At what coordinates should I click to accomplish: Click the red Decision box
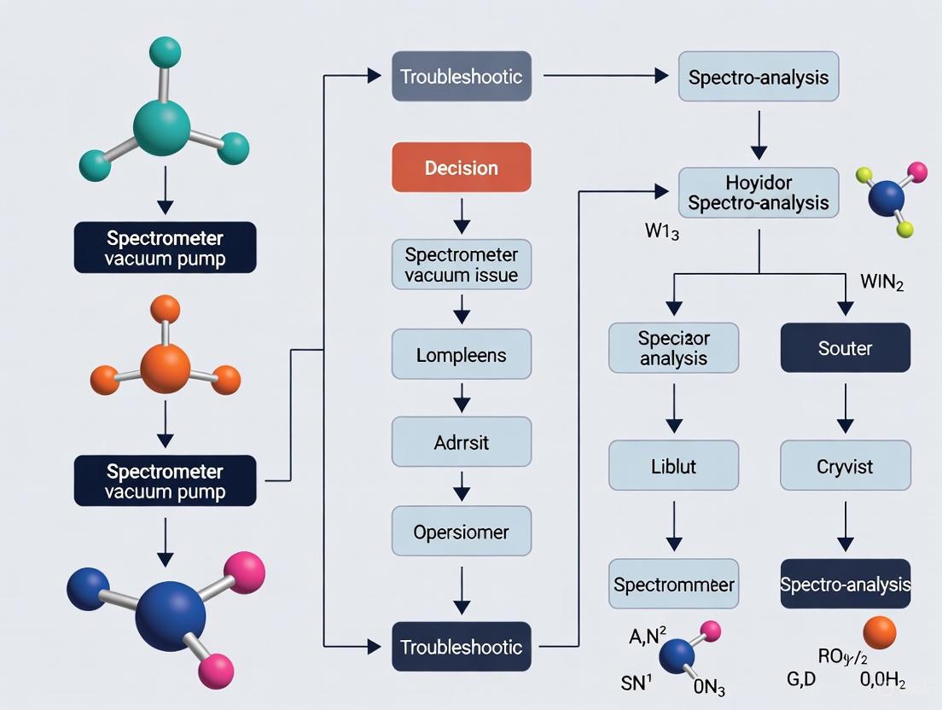(461, 167)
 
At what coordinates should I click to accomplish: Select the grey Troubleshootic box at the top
(461, 76)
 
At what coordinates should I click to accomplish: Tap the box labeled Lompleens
(461, 354)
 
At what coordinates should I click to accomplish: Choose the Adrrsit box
(461, 442)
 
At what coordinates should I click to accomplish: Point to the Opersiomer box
(461, 532)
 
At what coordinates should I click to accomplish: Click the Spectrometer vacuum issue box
(461, 265)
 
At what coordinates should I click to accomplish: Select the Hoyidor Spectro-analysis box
(759, 193)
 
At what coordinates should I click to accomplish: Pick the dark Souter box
(845, 348)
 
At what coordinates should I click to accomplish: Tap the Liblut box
(673, 466)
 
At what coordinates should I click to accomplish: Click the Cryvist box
(845, 466)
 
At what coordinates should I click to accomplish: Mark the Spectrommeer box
(673, 585)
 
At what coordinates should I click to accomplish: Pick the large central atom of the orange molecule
(166, 368)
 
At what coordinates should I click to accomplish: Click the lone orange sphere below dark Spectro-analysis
(879, 633)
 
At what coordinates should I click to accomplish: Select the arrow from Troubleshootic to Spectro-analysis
(605, 76)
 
